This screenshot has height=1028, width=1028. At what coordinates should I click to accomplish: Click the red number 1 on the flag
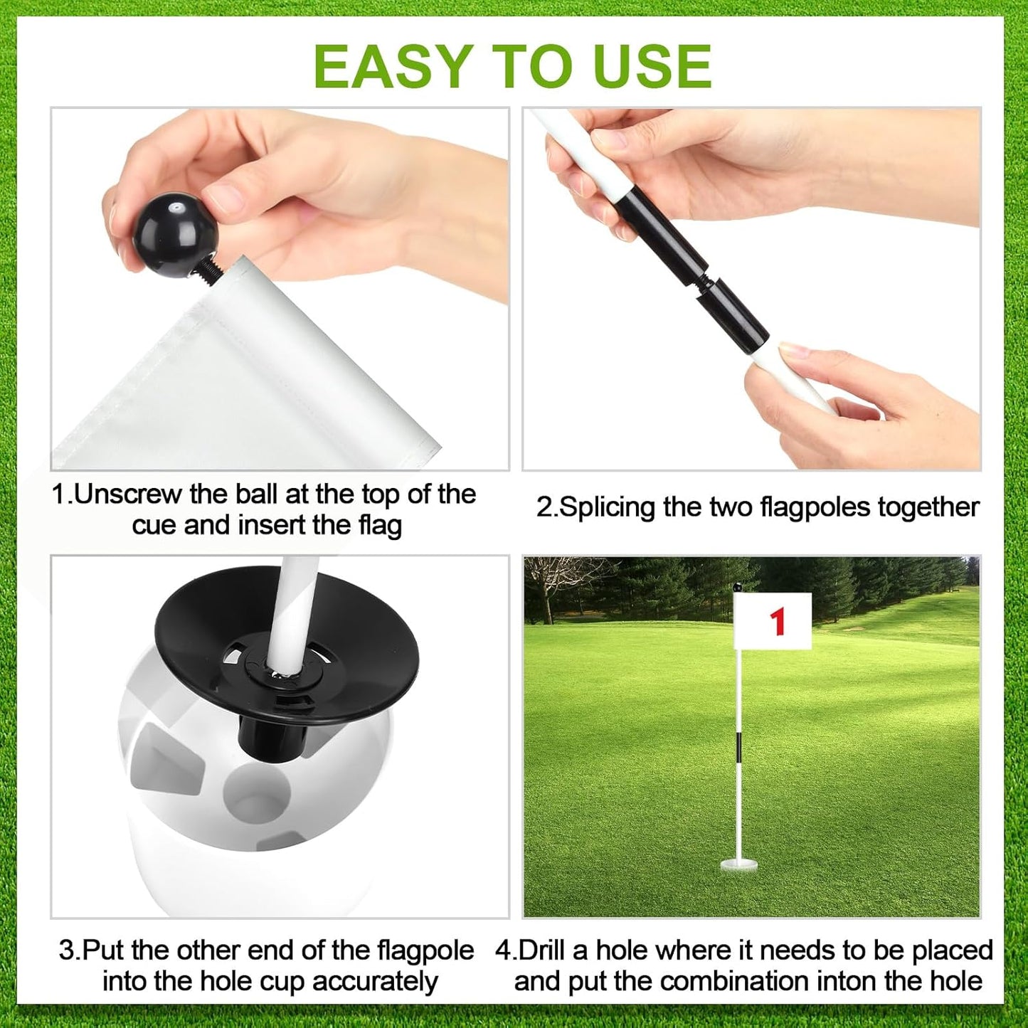click(778, 621)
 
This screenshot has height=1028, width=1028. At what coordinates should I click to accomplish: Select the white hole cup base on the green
click(738, 865)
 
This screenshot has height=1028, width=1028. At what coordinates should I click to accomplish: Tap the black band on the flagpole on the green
click(739, 748)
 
